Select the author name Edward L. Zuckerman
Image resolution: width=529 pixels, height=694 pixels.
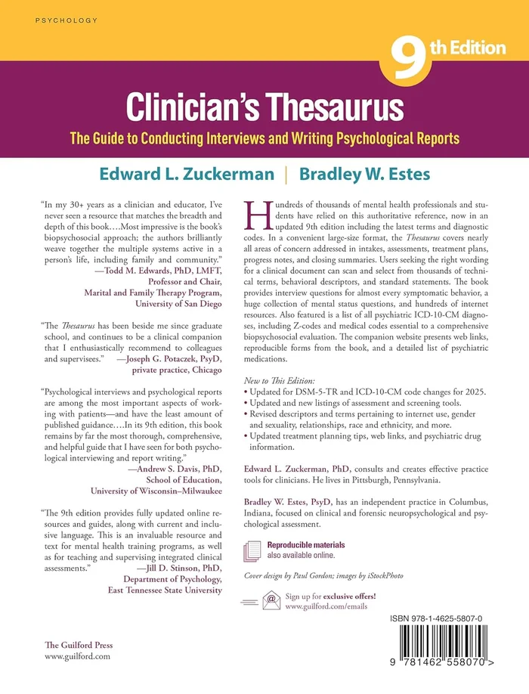[x=184, y=175]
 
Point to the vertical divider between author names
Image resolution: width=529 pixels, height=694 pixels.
[x=285, y=175]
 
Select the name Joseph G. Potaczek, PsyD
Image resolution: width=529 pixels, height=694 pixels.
[x=170, y=361]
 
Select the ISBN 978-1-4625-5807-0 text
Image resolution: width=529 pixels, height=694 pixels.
[x=448, y=618]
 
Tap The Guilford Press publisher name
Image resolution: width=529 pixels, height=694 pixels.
[x=79, y=645]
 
